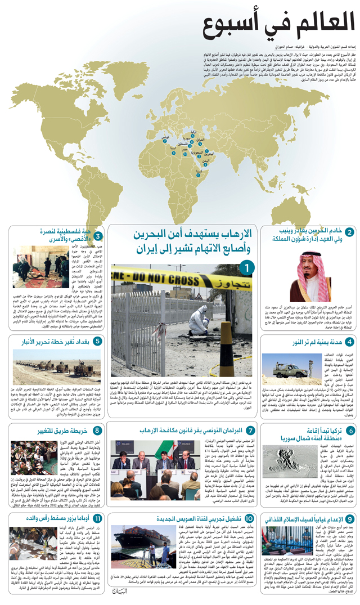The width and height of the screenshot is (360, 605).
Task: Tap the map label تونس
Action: click(165, 137)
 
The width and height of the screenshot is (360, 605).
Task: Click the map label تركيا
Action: click(193, 132)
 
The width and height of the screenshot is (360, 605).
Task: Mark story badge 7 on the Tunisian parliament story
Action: click(251, 415)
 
